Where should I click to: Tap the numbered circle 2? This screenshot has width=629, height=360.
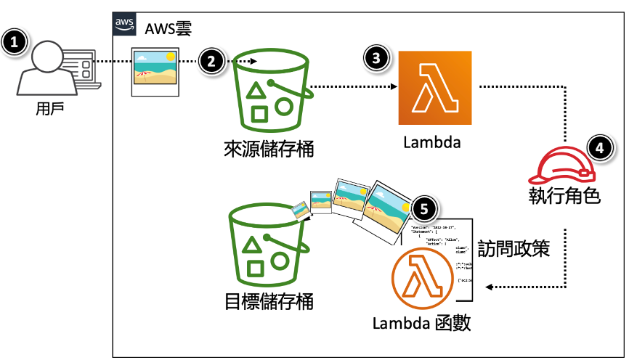(x=211, y=61)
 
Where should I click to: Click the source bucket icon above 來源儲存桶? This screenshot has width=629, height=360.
(x=269, y=91)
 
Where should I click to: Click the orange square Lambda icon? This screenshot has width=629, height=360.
(x=434, y=88)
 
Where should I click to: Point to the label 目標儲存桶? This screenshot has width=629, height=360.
(x=269, y=300)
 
